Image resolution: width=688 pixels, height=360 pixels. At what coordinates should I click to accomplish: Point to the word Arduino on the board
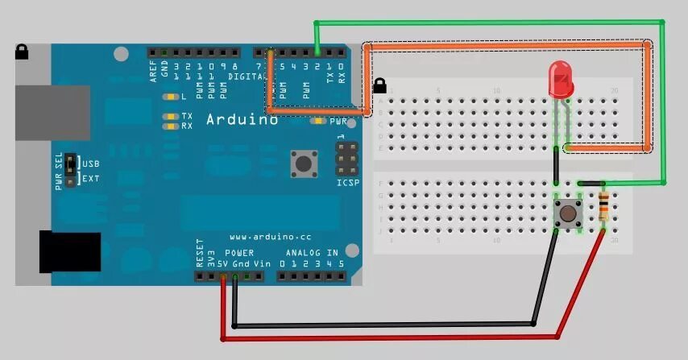[x=242, y=119]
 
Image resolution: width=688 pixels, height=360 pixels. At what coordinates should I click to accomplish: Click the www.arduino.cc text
[x=270, y=238]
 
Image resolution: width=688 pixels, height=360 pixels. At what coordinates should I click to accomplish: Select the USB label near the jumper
[x=91, y=163]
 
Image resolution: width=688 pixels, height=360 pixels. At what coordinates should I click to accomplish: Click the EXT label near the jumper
[x=91, y=178]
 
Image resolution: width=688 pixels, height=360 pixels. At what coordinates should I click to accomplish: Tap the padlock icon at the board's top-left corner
[x=22, y=52]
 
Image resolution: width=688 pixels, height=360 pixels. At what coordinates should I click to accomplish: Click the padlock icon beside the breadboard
[x=380, y=84]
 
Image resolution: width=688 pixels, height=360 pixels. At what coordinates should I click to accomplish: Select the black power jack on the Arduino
[x=68, y=251]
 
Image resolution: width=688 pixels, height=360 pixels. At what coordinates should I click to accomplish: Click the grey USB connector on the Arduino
[x=51, y=113]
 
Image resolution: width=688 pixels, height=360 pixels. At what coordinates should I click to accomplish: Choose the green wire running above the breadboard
[x=491, y=22]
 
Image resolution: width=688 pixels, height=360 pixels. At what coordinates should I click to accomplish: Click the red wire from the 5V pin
[x=387, y=337]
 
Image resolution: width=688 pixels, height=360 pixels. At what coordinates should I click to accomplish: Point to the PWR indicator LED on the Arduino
[x=321, y=122]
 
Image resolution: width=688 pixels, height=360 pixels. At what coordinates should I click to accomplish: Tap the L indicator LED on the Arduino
[x=170, y=97]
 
